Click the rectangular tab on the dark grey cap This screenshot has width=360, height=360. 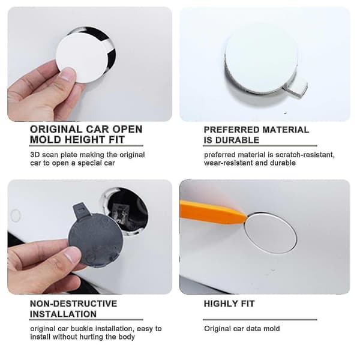point(82,209)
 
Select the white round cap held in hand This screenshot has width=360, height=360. point(82,59)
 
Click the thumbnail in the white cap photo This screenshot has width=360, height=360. point(68,75)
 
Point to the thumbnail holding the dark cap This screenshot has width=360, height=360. point(73,254)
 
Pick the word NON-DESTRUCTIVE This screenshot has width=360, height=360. point(73,304)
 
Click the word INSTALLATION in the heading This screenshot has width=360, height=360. point(63,314)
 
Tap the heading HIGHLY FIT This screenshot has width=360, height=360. point(229,304)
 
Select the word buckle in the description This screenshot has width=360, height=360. point(82,329)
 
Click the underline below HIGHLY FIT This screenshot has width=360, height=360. point(260,319)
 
